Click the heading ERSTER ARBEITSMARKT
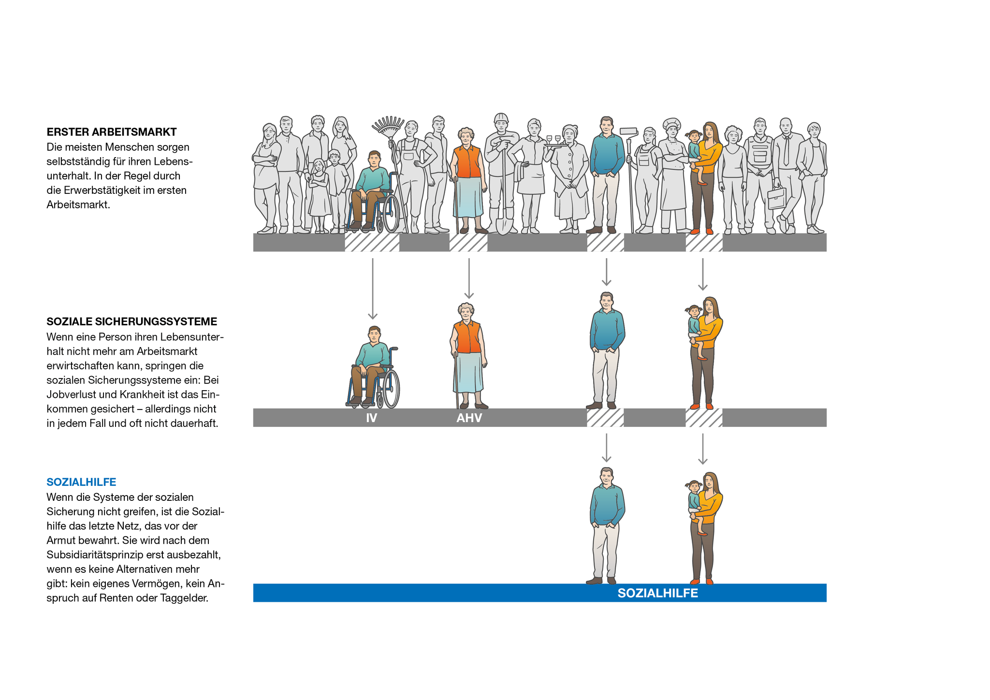[112, 132]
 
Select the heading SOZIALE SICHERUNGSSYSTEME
[132, 321]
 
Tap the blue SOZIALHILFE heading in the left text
[81, 482]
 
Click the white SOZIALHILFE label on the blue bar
[657, 593]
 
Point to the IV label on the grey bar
[371, 418]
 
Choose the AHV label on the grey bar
[469, 418]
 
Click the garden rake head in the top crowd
[388, 125]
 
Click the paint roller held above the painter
[628, 131]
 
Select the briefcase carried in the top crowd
[777, 198]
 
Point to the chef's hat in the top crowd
[671, 124]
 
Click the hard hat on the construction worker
[501, 118]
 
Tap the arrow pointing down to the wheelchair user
[372, 289]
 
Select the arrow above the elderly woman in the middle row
[469, 278]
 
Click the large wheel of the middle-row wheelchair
[390, 389]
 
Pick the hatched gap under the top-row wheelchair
[372, 242]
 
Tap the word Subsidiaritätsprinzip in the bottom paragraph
[94, 554]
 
